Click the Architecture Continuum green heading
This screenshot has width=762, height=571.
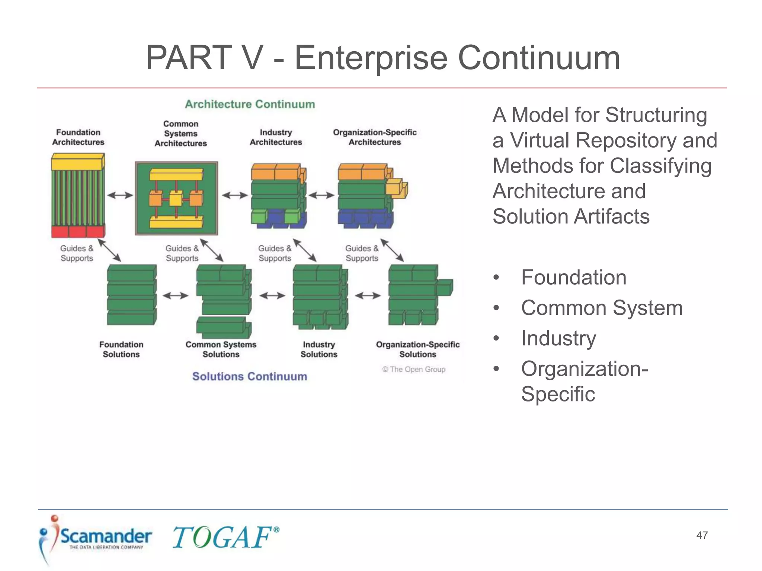250,104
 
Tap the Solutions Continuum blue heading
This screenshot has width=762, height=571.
249,376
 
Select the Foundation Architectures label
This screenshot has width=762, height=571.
78,137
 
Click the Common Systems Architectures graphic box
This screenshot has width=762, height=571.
176,198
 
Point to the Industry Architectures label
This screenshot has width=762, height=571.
276,137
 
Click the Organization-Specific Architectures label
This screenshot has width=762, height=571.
374,137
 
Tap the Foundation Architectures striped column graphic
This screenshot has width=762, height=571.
78,196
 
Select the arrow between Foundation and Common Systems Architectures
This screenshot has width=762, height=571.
120,195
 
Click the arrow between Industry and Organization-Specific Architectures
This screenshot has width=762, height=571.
321,195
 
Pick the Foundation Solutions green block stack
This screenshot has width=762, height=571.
131,295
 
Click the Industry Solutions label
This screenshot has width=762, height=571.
319,349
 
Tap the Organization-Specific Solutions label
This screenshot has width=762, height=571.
417,349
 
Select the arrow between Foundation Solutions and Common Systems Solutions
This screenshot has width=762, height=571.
176,296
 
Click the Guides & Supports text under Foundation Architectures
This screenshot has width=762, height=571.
77,253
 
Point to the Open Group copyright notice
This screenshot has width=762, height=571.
414,369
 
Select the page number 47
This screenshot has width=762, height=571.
702,535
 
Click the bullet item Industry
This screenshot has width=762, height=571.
558,338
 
